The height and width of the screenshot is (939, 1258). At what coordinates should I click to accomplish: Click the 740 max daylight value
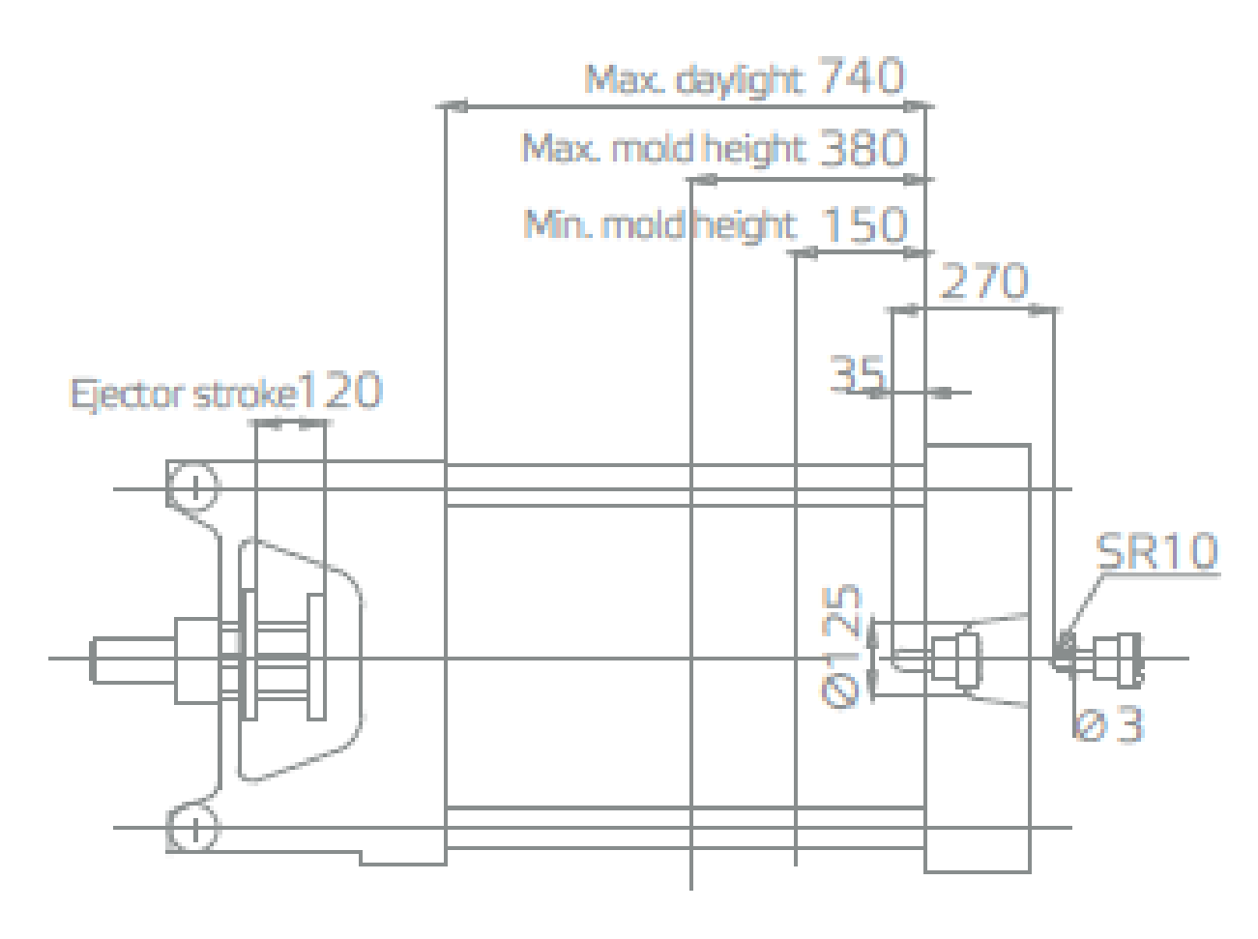click(863, 75)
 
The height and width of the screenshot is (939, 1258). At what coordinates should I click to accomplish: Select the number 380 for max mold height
click(863, 148)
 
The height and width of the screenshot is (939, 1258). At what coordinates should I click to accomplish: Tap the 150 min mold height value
click(865, 224)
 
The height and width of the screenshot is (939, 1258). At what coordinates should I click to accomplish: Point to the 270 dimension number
click(984, 280)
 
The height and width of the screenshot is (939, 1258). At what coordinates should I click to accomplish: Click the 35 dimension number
click(857, 373)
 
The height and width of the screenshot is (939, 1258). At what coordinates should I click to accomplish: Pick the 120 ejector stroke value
click(339, 390)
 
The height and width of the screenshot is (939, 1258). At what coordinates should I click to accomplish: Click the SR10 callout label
click(1156, 551)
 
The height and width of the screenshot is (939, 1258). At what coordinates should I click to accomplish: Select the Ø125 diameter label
click(841, 646)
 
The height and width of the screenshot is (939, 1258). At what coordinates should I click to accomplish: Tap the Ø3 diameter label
click(1108, 725)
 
